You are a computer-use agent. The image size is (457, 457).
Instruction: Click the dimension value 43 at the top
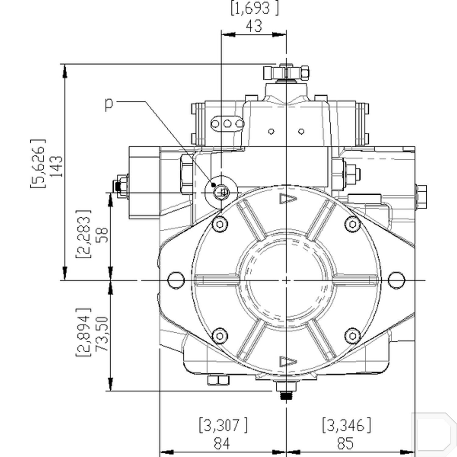click(254, 26)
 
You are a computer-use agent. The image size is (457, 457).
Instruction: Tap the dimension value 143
click(57, 166)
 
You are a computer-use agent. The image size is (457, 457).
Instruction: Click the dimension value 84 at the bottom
click(222, 443)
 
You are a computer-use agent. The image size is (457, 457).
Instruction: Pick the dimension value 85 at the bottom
click(345, 443)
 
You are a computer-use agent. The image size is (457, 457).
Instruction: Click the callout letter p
click(109, 104)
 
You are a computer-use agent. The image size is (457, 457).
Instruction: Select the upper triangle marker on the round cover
click(288, 199)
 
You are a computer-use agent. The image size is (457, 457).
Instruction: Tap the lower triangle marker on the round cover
click(288, 362)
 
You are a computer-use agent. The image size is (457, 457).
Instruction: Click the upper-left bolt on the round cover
click(220, 225)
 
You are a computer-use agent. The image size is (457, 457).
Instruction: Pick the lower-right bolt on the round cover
click(352, 336)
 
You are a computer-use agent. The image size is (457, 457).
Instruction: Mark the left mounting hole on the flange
click(176, 280)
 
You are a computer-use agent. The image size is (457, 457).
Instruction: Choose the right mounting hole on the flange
click(396, 280)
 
